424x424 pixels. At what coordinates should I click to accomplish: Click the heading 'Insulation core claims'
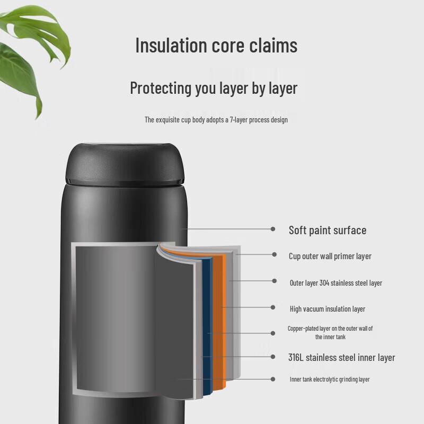point(216,45)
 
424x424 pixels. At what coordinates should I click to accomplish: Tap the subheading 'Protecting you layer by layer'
point(214,88)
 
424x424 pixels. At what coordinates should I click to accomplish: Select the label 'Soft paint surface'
point(328,231)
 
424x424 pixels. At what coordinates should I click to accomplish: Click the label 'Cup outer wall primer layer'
point(330,256)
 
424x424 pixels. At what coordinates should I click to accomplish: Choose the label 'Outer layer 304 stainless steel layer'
point(336,283)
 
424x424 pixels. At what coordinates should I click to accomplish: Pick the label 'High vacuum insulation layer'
point(328,309)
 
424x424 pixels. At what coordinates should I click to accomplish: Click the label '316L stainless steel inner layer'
point(341,357)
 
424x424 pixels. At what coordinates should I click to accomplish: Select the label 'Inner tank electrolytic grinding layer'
point(330,379)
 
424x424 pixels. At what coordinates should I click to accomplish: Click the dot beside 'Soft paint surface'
point(273,229)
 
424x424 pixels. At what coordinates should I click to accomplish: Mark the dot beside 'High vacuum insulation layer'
point(273,307)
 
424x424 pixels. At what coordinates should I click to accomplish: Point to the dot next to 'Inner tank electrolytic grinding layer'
point(273,379)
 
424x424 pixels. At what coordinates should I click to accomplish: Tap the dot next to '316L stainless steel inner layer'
point(273,357)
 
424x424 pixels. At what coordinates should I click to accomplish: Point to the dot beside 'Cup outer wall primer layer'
point(274,254)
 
